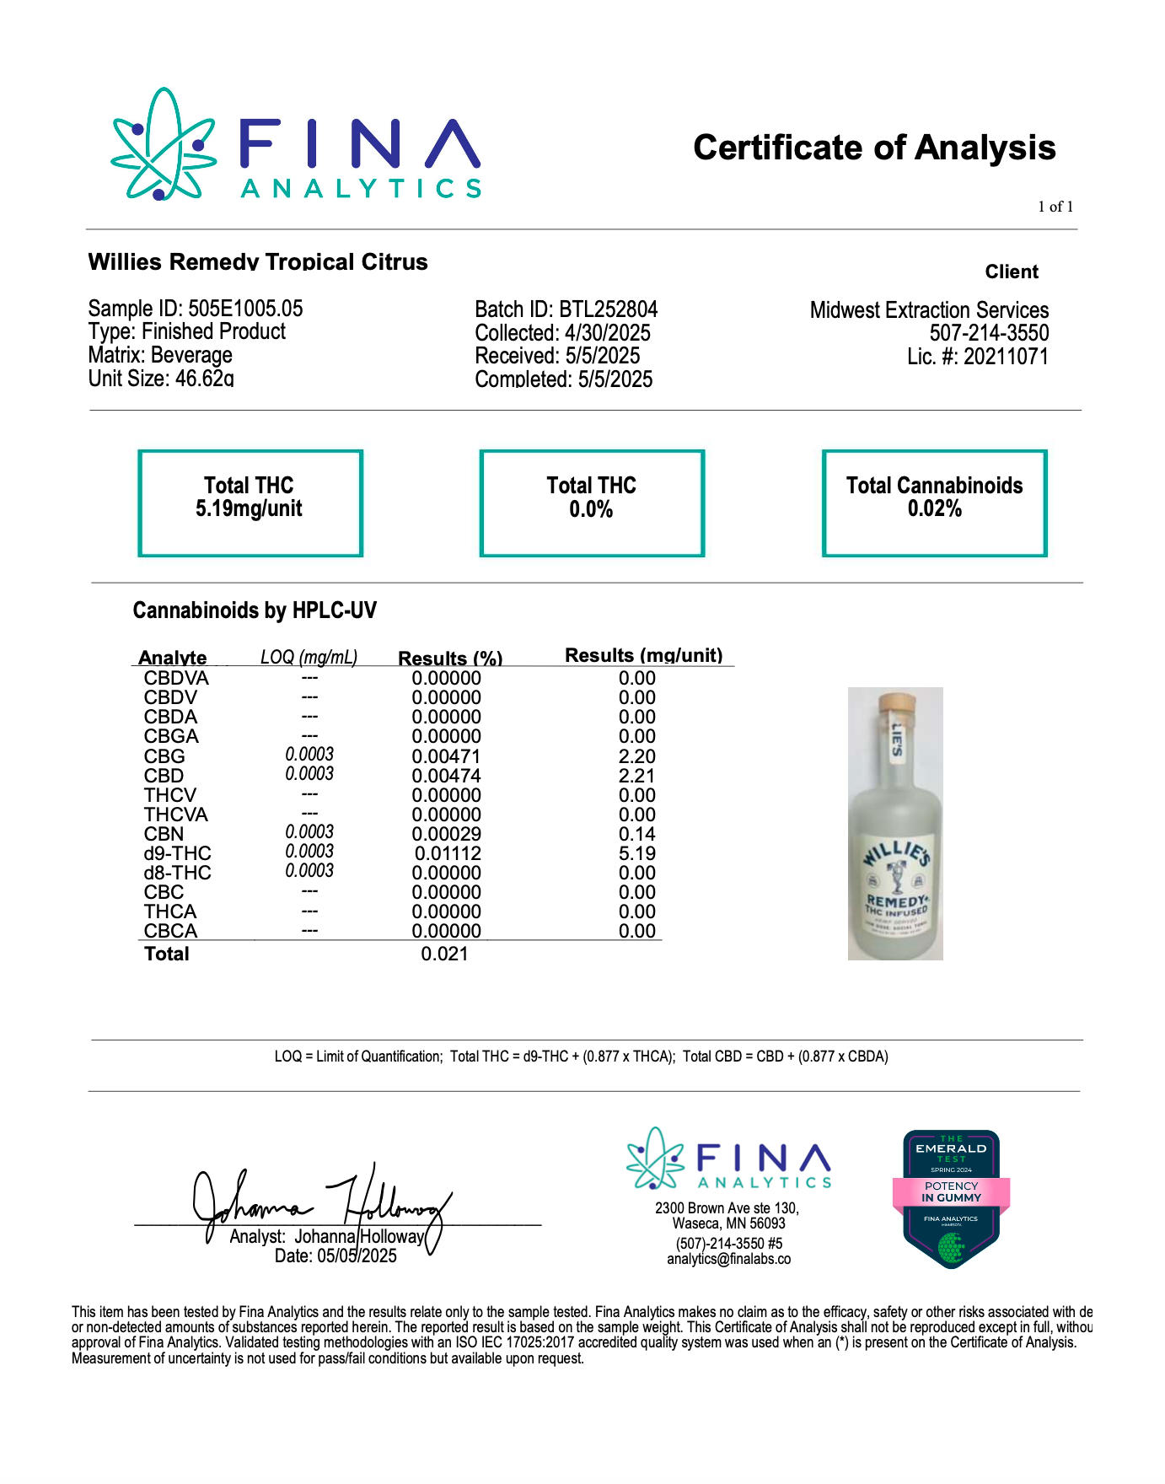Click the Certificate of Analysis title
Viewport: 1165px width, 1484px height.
(873, 148)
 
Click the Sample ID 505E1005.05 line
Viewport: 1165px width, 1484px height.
(196, 309)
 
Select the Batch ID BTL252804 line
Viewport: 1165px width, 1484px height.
(566, 309)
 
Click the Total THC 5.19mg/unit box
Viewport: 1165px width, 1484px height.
(250, 503)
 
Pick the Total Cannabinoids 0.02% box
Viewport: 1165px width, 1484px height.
(934, 503)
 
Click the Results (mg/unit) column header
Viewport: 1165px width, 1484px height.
(643, 655)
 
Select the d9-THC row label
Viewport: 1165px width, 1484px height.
(177, 853)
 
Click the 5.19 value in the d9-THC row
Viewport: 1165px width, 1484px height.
(636, 853)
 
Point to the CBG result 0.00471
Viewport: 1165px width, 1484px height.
(446, 756)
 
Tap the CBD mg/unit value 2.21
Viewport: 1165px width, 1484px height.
(636, 776)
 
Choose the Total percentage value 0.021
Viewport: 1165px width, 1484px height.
(444, 954)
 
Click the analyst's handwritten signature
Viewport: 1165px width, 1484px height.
(320, 1202)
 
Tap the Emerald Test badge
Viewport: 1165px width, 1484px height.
(951, 1198)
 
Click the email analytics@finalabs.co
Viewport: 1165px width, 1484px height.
(728, 1260)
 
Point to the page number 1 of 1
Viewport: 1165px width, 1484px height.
(1055, 207)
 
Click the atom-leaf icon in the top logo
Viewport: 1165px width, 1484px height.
(164, 145)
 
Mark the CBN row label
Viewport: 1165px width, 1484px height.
(164, 834)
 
